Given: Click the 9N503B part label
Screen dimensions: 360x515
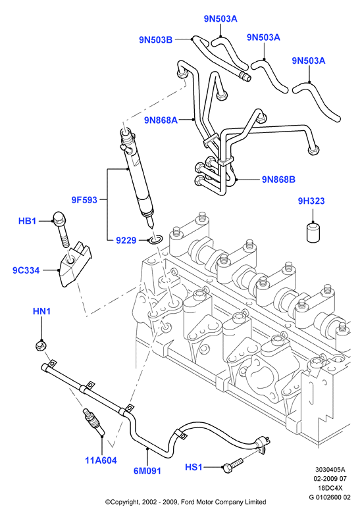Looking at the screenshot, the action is (x=155, y=40).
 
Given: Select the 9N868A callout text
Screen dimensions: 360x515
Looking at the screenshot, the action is (x=161, y=120).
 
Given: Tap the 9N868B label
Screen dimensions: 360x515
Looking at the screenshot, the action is (x=278, y=180).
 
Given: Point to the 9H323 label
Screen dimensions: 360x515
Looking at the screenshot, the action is (x=311, y=201).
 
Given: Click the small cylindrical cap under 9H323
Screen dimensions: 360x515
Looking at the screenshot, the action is (x=313, y=233).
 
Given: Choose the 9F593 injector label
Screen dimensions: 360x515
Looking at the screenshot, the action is (x=84, y=200).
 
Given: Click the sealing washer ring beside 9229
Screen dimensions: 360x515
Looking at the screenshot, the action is (x=155, y=239).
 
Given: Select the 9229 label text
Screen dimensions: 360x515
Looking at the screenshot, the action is (x=126, y=241).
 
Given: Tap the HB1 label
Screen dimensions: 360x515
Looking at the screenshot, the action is (x=27, y=221).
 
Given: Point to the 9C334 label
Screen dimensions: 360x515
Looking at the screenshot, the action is (x=26, y=270).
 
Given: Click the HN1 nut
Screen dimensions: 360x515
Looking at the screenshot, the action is (x=40, y=345).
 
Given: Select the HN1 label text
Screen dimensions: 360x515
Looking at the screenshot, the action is (x=41, y=311).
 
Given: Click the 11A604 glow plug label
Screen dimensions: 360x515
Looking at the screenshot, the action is (x=101, y=460).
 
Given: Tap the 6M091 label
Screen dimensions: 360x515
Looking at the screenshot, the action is (x=147, y=471).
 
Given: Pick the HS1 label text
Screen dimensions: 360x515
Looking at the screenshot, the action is (x=193, y=467).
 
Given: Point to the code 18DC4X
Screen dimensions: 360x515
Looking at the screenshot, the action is (x=330, y=488).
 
